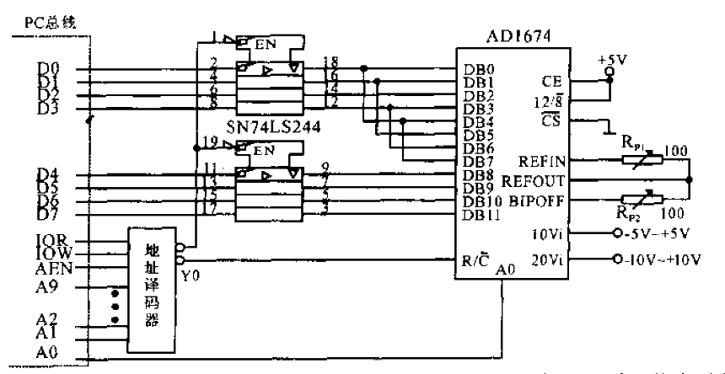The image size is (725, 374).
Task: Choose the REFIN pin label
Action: coord(544,159)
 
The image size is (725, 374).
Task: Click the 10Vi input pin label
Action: coord(549,233)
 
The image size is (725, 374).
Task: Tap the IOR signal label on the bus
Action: coord(48,239)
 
